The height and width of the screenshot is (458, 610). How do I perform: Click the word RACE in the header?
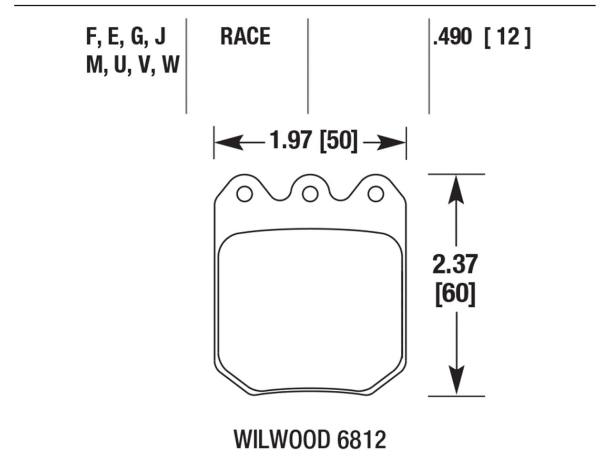(245, 37)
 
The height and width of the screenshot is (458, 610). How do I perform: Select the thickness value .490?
(452, 37)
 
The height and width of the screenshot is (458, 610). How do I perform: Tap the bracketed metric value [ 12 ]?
(507, 37)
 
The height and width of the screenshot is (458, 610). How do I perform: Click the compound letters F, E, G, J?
(126, 37)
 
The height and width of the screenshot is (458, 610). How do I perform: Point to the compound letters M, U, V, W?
(132, 64)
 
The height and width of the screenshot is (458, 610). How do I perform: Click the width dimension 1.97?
(290, 141)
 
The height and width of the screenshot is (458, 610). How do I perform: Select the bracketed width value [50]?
(338, 141)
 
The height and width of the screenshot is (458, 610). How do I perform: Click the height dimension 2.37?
(455, 265)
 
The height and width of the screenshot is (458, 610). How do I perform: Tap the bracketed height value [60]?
(455, 294)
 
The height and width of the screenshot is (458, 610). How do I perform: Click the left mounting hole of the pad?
(244, 194)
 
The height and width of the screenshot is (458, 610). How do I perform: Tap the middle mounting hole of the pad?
(310, 194)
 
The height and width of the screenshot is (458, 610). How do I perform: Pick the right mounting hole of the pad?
(376, 194)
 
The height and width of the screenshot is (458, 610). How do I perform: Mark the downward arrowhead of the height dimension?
(457, 382)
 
